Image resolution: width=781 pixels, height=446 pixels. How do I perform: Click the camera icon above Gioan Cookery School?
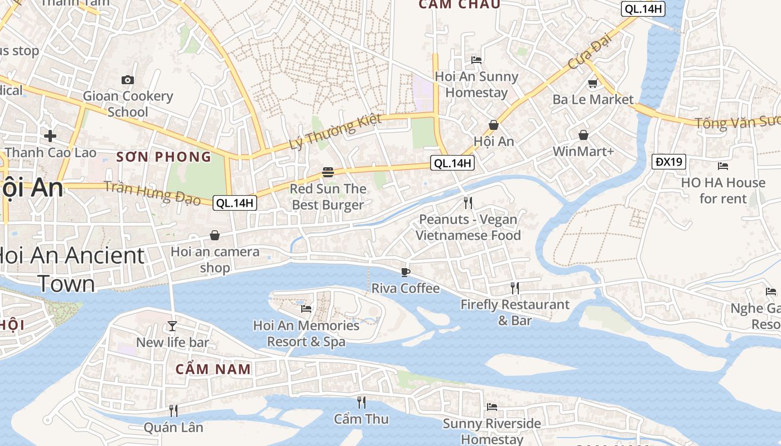pyautogui.click(x=128, y=80)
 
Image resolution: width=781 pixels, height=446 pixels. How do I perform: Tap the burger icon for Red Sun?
pyautogui.click(x=328, y=172)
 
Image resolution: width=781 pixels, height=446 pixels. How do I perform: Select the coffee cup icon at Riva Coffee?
pyautogui.click(x=406, y=272)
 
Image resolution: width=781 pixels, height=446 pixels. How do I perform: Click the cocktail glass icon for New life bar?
pyautogui.click(x=172, y=326)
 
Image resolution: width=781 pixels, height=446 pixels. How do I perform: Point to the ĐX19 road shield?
pyautogui.click(x=669, y=162)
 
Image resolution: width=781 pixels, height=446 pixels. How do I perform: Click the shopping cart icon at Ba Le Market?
pyautogui.click(x=592, y=84)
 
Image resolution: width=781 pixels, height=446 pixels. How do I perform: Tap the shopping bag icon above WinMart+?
pyautogui.click(x=584, y=135)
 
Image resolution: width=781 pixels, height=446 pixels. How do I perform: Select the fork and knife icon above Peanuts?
pyautogui.click(x=468, y=203)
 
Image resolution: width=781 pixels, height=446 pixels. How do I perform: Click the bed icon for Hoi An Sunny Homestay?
pyautogui.click(x=476, y=60)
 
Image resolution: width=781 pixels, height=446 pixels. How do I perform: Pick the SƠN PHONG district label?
pyautogui.click(x=164, y=157)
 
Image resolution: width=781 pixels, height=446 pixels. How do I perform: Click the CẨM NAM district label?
pyautogui.click(x=213, y=369)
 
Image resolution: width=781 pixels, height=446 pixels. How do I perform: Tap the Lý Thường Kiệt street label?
pyautogui.click(x=335, y=132)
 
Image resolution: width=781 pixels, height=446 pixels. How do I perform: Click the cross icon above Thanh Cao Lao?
pyautogui.click(x=50, y=135)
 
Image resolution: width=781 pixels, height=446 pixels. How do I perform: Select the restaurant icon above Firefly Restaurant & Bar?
pyautogui.click(x=515, y=288)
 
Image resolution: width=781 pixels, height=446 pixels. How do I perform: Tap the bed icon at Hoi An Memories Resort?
pyautogui.click(x=306, y=309)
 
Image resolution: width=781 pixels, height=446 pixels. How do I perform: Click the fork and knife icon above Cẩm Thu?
pyautogui.click(x=361, y=402)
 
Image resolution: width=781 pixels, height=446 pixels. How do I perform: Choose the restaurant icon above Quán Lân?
pyautogui.click(x=173, y=411)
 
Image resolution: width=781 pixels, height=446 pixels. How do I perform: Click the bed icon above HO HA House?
pyautogui.click(x=723, y=166)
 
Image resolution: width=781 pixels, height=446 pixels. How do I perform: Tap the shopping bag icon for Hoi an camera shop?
pyautogui.click(x=215, y=236)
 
